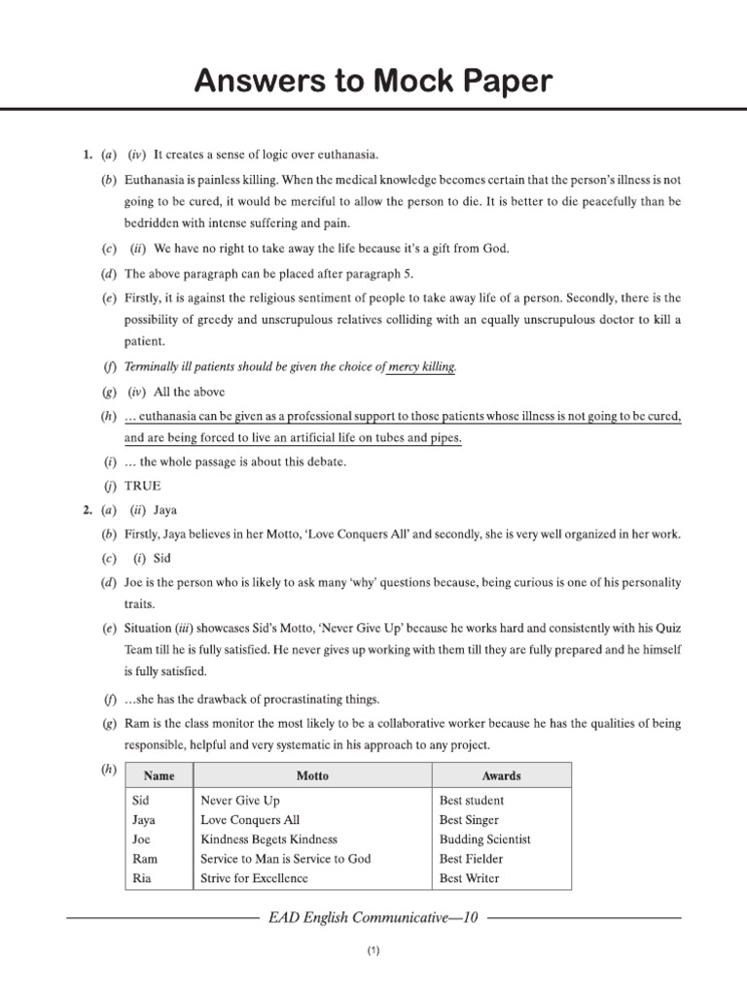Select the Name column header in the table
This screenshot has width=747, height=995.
[x=159, y=775]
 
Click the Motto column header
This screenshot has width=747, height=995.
[x=312, y=775]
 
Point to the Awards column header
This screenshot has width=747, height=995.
[x=501, y=775]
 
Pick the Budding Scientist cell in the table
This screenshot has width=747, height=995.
[x=485, y=840]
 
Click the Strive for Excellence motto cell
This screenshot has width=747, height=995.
[x=254, y=878]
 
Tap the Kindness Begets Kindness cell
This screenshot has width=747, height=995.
[x=268, y=840]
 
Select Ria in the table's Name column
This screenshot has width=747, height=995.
[x=142, y=878]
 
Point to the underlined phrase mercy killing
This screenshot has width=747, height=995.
[x=421, y=366]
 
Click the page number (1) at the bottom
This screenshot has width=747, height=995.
[x=373, y=953]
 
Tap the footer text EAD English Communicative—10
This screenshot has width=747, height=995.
[x=373, y=917]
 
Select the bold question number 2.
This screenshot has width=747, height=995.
[x=87, y=509]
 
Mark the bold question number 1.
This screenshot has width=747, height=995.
[x=87, y=154]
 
